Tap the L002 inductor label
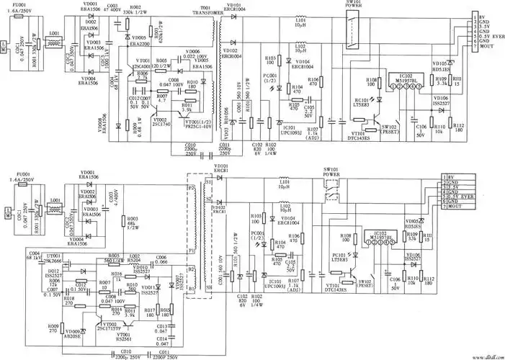(x=134, y=255)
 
